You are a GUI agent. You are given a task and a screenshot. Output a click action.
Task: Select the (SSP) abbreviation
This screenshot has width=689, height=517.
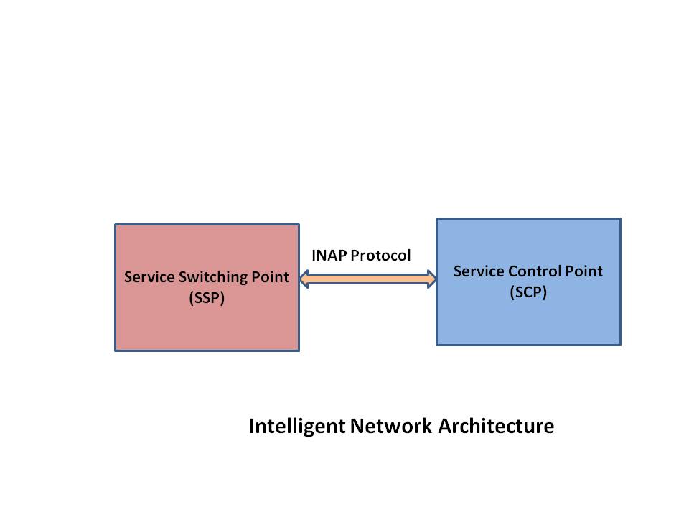tap(207, 299)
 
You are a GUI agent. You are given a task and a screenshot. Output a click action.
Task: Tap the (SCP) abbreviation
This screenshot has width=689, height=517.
tap(528, 292)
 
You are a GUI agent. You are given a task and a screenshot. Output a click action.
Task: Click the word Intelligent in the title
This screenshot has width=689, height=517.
tap(297, 426)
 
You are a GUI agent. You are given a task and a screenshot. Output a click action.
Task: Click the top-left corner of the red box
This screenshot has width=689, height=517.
tap(116, 225)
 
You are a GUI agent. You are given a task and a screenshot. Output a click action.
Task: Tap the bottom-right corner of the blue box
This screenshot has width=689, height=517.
tap(620, 345)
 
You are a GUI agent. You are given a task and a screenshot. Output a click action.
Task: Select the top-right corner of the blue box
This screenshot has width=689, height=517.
tap(620, 219)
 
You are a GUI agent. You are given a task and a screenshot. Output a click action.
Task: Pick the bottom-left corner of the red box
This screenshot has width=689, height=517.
tap(116, 350)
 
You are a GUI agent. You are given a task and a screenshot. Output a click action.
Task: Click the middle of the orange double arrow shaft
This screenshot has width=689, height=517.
tap(367, 278)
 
